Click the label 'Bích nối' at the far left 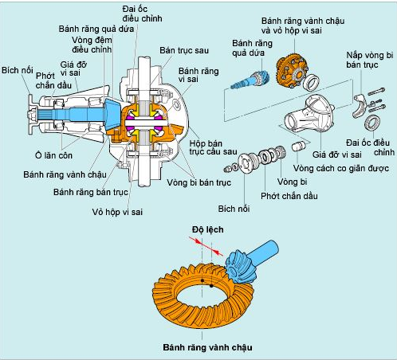(18, 70)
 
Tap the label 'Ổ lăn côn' (53, 155)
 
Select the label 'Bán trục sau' (184, 50)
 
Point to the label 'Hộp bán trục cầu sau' (213, 147)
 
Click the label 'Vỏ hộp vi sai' (117, 212)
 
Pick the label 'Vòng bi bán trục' (198, 182)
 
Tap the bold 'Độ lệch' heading (208, 229)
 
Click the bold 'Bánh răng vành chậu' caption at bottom (207, 347)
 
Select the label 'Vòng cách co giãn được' (341, 168)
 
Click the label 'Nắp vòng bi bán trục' (369, 60)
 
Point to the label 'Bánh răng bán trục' (91, 192)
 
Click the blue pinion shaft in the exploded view (250, 79)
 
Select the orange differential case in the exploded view (292, 71)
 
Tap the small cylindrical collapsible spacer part (297, 147)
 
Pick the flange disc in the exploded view (245, 162)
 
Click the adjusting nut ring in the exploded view (372, 123)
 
